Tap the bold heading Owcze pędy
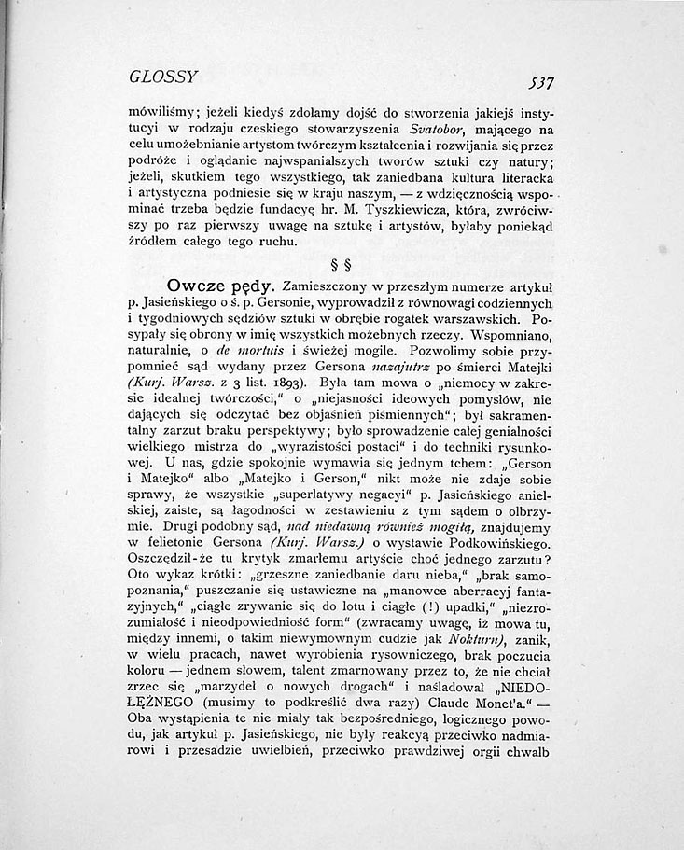(219, 285)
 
